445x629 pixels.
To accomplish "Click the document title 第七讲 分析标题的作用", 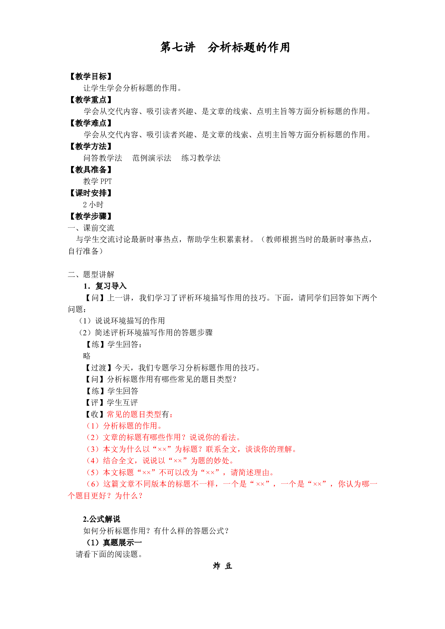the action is tap(225, 47).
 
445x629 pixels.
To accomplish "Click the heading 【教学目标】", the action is tap(91, 76).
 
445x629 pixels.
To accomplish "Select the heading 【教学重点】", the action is tap(91, 100).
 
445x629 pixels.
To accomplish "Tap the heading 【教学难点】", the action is tap(91, 123).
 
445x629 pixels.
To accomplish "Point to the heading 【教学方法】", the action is tap(91, 146).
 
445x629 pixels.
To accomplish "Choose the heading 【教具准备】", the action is tap(91, 170).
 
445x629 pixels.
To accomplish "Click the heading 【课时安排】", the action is tap(91, 193).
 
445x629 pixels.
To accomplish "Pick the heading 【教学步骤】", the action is tap(91, 216).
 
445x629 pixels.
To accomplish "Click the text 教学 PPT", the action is tap(98, 181).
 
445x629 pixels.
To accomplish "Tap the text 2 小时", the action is tap(93, 205).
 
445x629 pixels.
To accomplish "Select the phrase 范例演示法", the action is tap(152, 158).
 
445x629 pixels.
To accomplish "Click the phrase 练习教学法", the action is tap(201, 158).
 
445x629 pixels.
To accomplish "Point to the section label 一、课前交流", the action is tap(91, 228).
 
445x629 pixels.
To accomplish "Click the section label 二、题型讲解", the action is tap(91, 275).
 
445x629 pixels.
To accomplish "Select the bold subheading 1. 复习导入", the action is tap(105, 286).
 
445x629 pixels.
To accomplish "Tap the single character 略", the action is tap(87, 356).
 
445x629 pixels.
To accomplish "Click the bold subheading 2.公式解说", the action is tap(102, 519).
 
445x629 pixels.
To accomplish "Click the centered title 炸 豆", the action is tap(222, 566).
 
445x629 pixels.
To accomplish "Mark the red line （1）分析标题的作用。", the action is tap(123, 426).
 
